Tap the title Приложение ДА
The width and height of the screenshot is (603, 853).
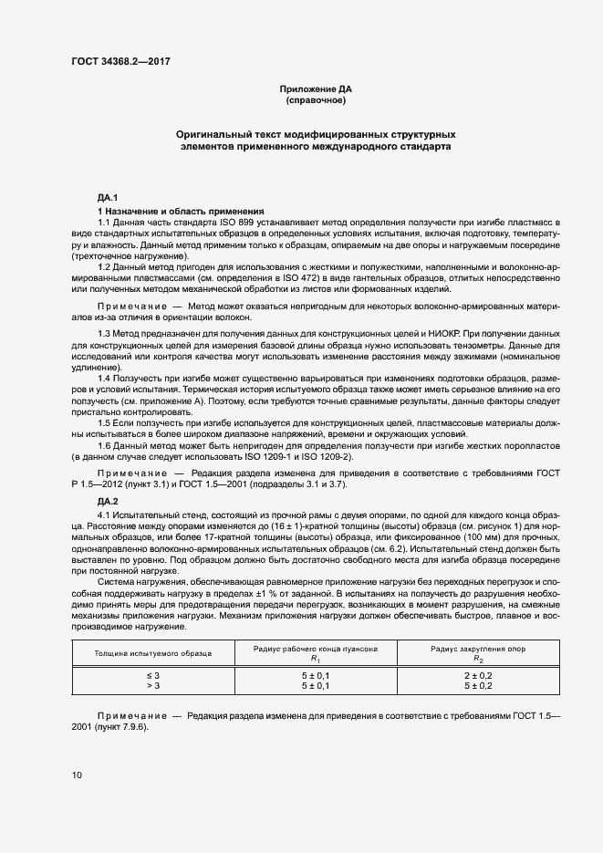(x=316, y=88)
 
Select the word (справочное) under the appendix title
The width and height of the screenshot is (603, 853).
(x=316, y=100)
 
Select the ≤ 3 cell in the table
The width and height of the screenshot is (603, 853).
(x=152, y=673)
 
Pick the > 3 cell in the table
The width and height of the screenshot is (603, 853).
(x=152, y=684)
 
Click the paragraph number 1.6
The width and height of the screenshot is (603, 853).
(x=105, y=444)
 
